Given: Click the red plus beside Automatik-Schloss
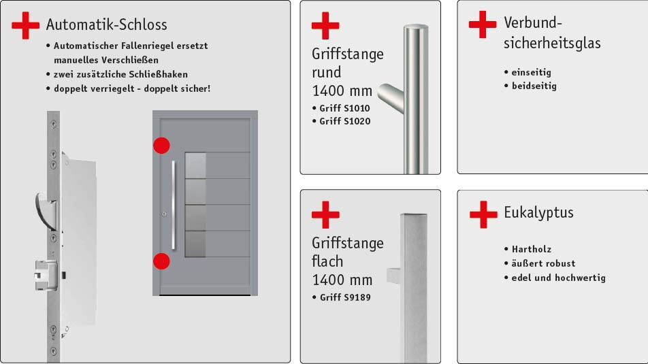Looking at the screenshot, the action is [26, 25].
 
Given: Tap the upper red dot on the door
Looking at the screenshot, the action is [161, 146].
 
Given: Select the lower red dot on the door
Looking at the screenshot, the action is [161, 261].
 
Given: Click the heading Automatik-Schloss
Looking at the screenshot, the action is [107, 24].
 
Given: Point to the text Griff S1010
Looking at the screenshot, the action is [344, 108].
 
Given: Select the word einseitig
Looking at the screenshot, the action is [532, 72].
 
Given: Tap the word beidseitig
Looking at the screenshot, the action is [534, 86].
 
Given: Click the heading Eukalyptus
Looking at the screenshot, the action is [538, 213].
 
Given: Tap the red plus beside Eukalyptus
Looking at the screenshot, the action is [483, 214].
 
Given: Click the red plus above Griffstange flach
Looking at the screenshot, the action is [325, 215].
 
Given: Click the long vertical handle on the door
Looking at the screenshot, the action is [174, 205].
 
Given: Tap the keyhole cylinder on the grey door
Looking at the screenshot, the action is [164, 214].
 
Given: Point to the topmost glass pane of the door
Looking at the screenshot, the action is [195, 165].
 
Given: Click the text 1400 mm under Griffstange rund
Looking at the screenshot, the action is [342, 90].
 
